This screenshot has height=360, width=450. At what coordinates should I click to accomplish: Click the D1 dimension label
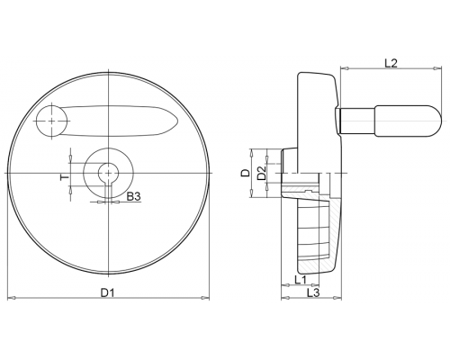[107, 292]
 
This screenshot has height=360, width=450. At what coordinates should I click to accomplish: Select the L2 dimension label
[391, 63]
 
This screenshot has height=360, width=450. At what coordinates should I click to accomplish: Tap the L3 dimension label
[313, 292]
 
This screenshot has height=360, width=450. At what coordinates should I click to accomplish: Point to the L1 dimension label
[301, 280]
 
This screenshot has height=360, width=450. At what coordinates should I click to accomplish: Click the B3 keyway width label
[133, 197]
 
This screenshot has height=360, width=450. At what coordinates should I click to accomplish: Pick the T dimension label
[64, 177]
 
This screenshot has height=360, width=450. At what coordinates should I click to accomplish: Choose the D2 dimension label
[262, 173]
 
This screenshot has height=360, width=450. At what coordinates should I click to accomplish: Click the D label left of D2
[246, 173]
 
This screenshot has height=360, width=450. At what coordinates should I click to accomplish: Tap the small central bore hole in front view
[108, 173]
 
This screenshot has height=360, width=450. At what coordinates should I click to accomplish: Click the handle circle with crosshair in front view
[51, 121]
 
